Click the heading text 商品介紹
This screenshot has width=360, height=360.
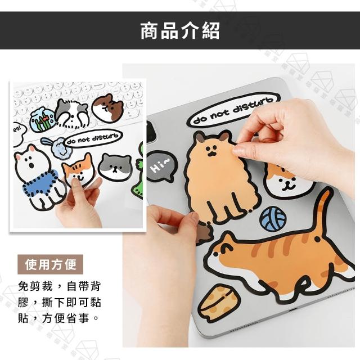click(x=180, y=30)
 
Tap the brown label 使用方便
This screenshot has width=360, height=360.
click(x=50, y=264)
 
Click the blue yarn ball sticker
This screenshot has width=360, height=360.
click(x=273, y=218)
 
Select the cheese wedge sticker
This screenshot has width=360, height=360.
click(x=218, y=301)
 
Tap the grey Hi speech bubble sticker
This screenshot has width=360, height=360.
click(x=162, y=166)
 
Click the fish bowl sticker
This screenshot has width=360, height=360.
click(x=42, y=119)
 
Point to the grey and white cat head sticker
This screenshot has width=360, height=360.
click(x=115, y=166)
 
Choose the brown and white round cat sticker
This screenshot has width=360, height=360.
click(x=108, y=108)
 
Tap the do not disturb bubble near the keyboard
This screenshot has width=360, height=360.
click(x=92, y=138)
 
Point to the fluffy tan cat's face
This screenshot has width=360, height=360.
click(x=211, y=151)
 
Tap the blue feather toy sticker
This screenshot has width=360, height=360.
click(x=57, y=147)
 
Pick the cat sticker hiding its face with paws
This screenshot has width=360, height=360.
click(x=71, y=114)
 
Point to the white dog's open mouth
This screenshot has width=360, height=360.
click(x=32, y=165)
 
